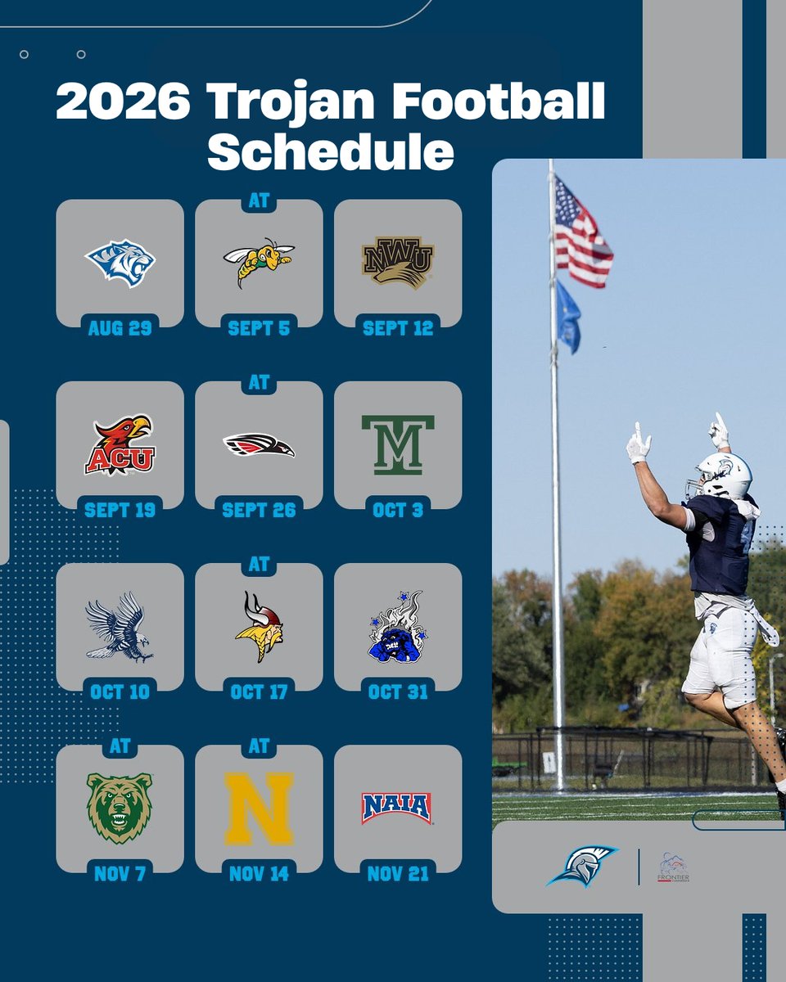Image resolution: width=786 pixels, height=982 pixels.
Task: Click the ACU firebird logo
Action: click(120, 445)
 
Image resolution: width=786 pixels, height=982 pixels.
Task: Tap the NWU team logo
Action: click(398, 263)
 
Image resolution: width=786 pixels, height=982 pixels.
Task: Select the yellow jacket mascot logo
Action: click(259, 262)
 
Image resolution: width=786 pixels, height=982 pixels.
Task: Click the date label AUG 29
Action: click(120, 328)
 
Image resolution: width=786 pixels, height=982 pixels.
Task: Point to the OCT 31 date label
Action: click(398, 691)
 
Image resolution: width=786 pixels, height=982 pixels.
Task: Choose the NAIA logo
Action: click(397, 808)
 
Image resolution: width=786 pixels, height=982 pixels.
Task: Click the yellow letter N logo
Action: click(259, 809)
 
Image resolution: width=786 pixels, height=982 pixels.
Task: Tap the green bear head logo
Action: click(120, 808)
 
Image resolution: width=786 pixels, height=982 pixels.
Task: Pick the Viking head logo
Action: click(259, 627)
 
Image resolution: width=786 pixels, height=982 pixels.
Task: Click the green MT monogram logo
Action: click(398, 445)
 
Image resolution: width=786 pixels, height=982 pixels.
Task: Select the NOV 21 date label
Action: click(398, 874)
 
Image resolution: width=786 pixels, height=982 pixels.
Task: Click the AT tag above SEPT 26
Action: click(259, 383)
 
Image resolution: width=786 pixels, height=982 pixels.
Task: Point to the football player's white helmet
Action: click(724, 475)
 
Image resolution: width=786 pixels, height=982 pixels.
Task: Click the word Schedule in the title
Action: click(330, 152)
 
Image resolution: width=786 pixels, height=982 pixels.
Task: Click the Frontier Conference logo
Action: click(672, 868)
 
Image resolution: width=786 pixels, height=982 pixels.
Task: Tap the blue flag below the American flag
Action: click(568, 317)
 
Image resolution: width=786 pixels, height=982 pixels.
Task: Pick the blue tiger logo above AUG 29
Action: click(120, 263)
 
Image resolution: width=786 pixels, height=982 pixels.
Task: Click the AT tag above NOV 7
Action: click(120, 746)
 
